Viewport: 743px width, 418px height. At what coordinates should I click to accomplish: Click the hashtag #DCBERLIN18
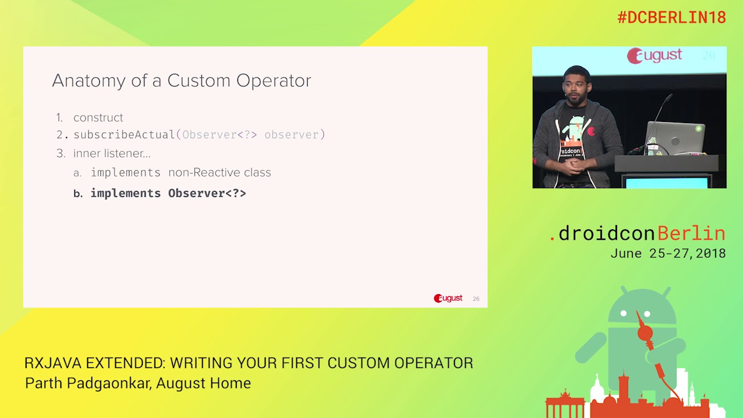click(x=671, y=17)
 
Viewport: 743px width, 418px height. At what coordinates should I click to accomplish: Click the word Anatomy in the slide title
click(x=88, y=81)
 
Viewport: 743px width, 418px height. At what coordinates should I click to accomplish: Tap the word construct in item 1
click(x=98, y=118)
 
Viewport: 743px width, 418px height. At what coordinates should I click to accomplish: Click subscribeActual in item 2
click(x=124, y=135)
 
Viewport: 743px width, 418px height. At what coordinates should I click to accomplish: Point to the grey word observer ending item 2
click(x=291, y=135)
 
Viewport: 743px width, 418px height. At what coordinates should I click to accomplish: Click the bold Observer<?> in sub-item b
click(x=207, y=193)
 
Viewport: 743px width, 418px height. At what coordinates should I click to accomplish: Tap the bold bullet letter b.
click(x=78, y=194)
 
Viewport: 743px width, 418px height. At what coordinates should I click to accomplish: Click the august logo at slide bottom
click(x=448, y=298)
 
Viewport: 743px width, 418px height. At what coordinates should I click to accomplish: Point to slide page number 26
click(x=476, y=299)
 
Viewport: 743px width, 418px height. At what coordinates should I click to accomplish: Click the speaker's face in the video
click(x=575, y=87)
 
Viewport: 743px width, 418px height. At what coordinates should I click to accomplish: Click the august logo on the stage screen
click(x=654, y=56)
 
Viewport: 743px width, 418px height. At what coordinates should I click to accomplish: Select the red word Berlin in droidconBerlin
click(x=691, y=233)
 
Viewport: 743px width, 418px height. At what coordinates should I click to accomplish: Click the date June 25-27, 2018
click(x=668, y=254)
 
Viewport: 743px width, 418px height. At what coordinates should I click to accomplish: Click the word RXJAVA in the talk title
click(x=53, y=363)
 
